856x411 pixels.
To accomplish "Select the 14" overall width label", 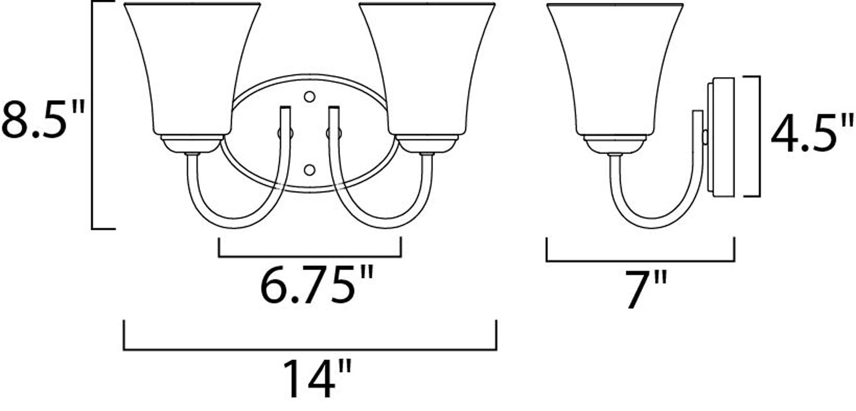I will [x=316, y=378].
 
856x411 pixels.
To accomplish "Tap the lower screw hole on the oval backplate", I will [x=309, y=170].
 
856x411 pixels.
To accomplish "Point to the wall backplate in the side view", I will [x=721, y=137].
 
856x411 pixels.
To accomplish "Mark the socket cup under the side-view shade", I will [x=615, y=144].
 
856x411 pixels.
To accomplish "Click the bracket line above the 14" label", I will [x=310, y=349].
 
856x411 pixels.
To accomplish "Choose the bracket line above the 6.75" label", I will [x=310, y=257].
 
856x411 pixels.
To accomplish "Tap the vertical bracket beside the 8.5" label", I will [x=93, y=116].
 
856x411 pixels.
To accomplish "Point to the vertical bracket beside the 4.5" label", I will [x=759, y=137].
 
